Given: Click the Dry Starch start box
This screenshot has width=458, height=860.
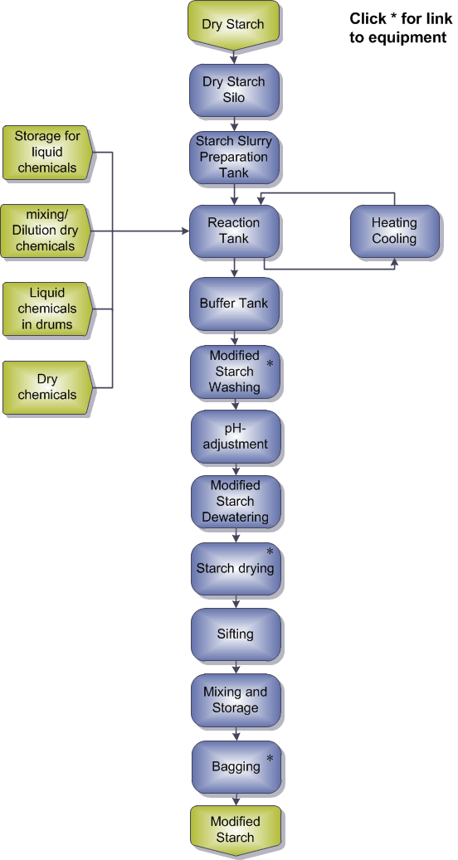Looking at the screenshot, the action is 234,25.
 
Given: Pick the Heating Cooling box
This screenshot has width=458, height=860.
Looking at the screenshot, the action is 394,231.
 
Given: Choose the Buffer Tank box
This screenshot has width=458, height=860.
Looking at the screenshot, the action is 236,304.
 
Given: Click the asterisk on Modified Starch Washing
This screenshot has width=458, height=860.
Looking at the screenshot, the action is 270,363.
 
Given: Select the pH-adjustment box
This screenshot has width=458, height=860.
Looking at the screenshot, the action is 236,436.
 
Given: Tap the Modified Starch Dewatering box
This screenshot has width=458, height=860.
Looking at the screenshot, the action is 236,501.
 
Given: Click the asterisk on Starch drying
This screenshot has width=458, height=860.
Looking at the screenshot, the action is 270,551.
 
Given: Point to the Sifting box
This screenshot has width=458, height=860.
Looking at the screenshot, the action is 236,634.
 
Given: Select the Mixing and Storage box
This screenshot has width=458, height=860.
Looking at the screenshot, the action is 236,700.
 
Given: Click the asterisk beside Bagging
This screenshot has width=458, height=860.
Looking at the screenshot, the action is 270,759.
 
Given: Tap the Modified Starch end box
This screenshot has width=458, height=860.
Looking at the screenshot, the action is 236,830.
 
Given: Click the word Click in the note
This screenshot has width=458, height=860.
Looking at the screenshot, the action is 368,18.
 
